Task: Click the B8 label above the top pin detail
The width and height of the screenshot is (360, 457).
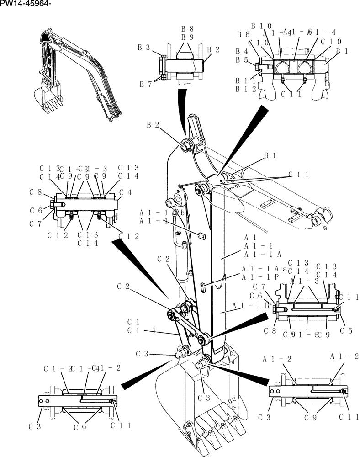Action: [x=187, y=28]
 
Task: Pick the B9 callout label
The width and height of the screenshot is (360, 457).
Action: [x=187, y=37]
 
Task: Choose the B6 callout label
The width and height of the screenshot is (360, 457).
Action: [x=243, y=34]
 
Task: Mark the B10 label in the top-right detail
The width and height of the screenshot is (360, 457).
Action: [x=261, y=26]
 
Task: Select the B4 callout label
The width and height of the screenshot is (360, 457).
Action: [x=241, y=52]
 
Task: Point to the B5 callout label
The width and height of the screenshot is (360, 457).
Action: [x=241, y=60]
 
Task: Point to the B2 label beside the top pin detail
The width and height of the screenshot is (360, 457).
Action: [x=213, y=49]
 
